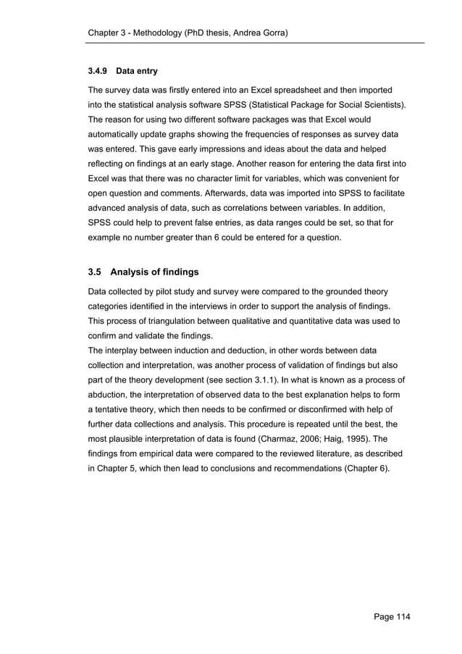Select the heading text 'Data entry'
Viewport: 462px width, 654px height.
click(137, 72)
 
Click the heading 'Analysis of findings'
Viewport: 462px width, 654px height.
click(155, 272)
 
